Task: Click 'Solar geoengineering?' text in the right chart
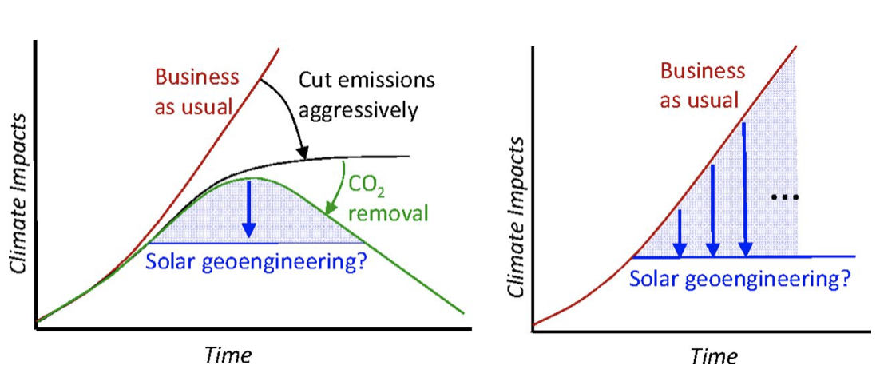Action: [739, 280]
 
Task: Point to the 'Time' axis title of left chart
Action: [227, 354]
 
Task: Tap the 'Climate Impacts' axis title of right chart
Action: [517, 216]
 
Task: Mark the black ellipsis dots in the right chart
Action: [785, 196]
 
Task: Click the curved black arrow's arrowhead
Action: [302, 151]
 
